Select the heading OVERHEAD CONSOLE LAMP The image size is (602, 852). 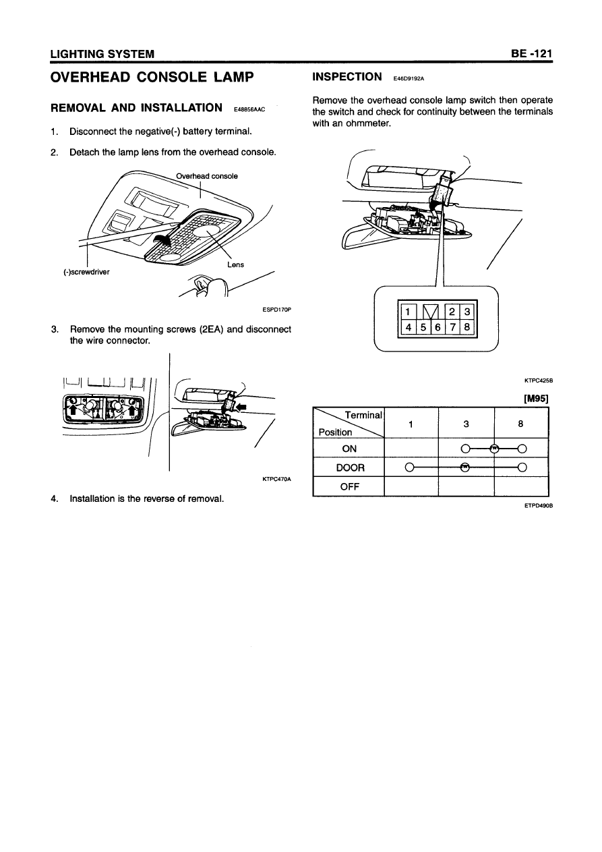152,77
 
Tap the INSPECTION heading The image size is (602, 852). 347,77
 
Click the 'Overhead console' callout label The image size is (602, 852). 207,176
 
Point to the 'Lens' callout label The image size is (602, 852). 235,264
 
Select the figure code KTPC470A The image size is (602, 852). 276,480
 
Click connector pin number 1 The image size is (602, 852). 409,312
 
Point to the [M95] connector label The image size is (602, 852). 537,398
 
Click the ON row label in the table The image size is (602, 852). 350,449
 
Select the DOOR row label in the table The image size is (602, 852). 350,467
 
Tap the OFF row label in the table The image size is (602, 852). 350,486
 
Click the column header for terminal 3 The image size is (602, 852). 466,424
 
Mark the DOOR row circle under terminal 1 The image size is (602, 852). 409,467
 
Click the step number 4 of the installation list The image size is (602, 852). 54,499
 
